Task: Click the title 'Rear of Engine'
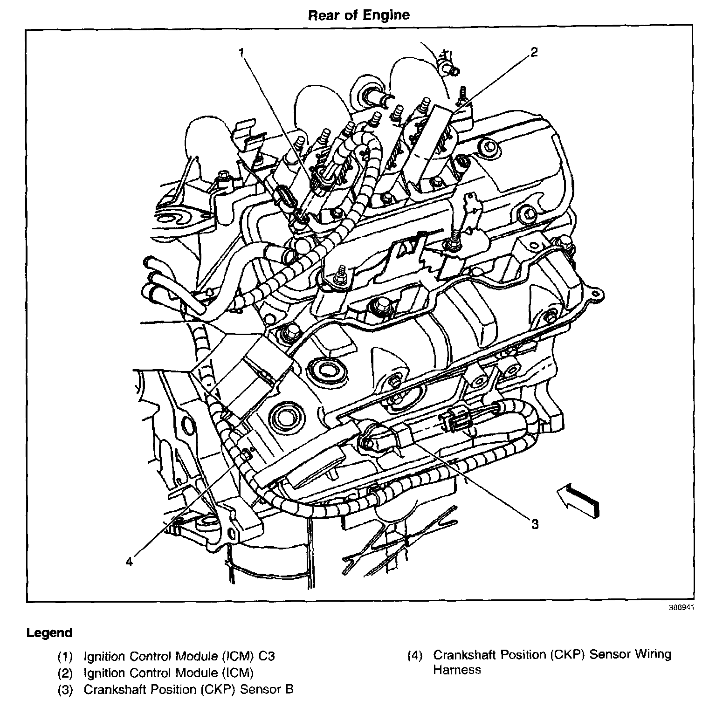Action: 358,15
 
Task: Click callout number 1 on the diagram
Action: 241,53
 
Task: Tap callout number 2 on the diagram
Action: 534,52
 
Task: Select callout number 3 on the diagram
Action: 535,524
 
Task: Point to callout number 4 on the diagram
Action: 129,562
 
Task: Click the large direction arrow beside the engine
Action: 578,501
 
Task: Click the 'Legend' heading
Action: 49,633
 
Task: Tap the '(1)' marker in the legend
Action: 65,657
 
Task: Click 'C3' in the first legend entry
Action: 267,657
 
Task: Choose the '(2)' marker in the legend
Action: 65,673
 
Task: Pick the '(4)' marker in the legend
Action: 415,655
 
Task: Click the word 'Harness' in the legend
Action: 457,670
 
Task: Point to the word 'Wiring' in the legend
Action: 653,655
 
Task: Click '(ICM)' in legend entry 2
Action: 238,673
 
